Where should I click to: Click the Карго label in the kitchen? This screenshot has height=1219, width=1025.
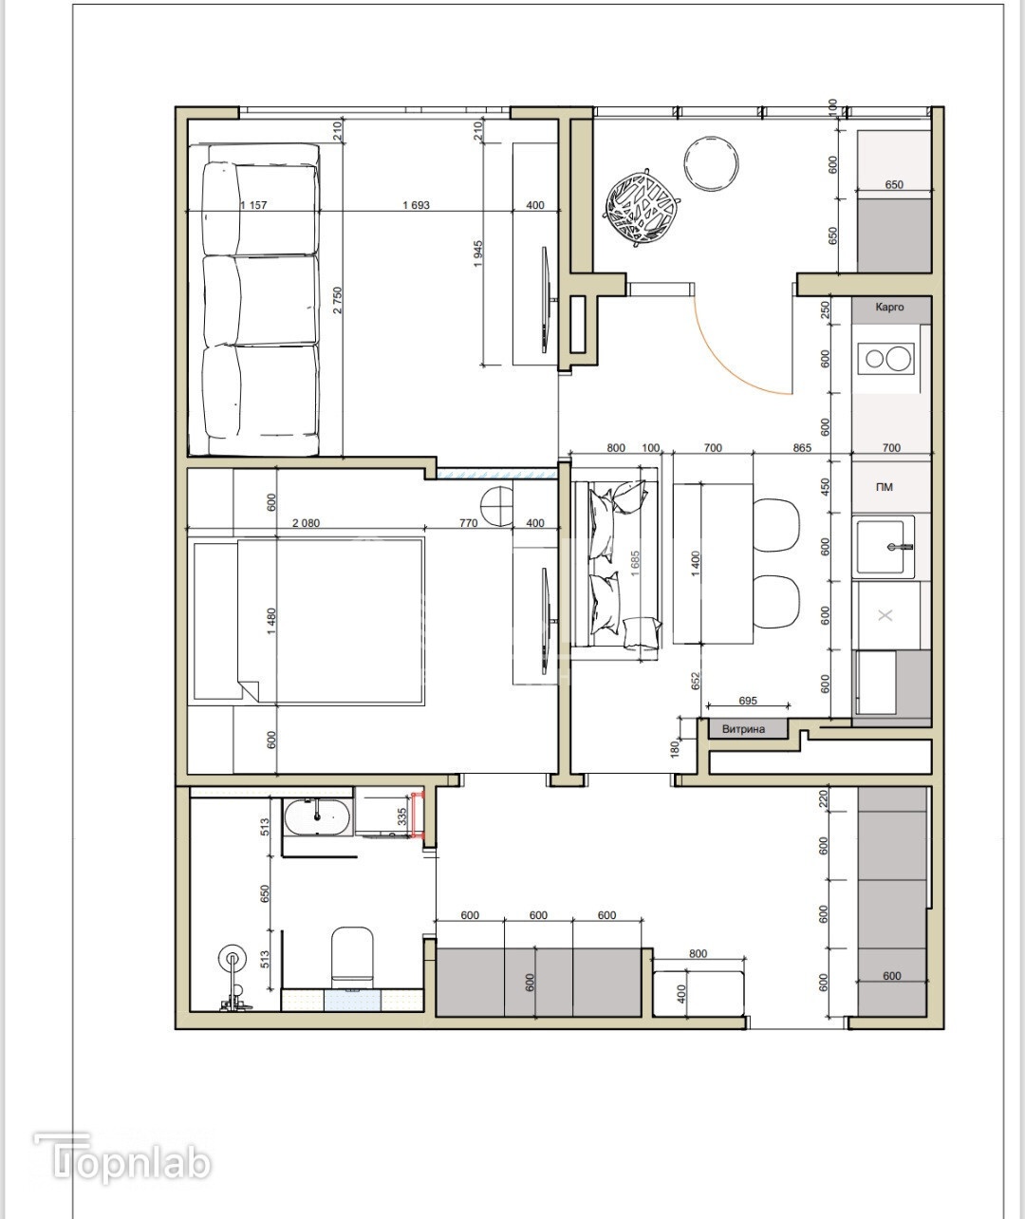tap(889, 307)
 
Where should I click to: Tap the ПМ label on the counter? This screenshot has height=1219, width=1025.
tap(885, 487)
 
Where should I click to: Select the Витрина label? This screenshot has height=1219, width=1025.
tap(743, 729)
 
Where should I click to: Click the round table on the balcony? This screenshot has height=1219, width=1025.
tap(711, 163)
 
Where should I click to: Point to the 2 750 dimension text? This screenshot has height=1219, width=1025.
tap(338, 301)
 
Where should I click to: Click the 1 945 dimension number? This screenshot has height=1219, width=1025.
tap(478, 254)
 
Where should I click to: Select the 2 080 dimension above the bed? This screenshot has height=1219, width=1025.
tap(306, 523)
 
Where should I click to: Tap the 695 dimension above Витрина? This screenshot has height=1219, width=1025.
tap(748, 701)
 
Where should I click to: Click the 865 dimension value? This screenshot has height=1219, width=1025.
tap(802, 448)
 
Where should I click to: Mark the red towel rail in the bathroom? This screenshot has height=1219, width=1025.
tap(419, 815)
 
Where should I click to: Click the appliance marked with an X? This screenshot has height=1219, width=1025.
tap(885, 615)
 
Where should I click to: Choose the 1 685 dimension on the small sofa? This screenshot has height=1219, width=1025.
tap(636, 563)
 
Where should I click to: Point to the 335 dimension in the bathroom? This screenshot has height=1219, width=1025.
tap(401, 816)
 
